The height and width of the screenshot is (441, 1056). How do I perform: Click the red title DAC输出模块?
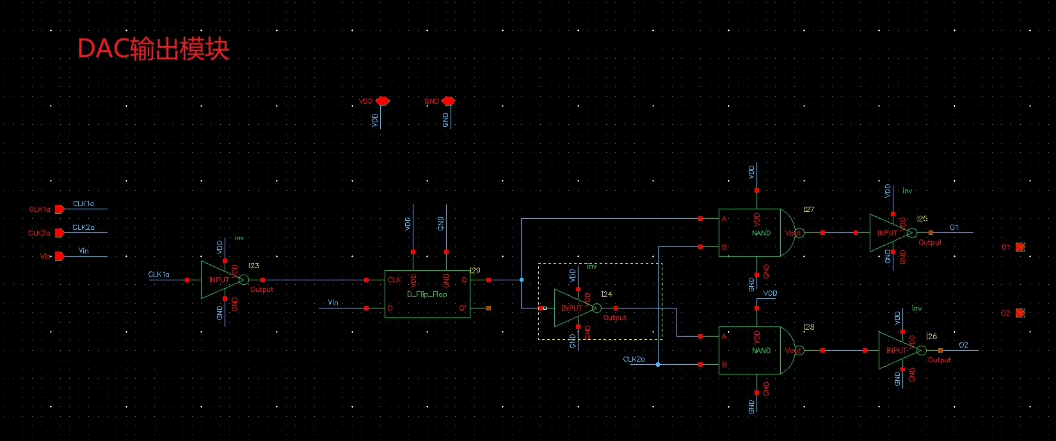coord(153,49)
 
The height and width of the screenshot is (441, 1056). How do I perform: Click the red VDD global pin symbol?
coord(382,101)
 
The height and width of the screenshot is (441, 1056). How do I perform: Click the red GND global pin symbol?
coord(448,101)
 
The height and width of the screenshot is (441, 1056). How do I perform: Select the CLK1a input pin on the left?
coord(59,209)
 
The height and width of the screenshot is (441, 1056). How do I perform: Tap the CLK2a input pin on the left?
coord(59,233)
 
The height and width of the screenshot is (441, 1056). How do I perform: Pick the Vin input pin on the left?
coord(59,256)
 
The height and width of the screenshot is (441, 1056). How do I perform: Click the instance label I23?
coord(253,266)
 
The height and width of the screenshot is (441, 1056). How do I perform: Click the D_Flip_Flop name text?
coord(427,294)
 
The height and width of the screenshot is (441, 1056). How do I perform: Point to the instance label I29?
coord(474,271)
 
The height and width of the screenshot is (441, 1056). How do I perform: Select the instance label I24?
coord(606,294)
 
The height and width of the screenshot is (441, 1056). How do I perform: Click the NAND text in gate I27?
coord(761,233)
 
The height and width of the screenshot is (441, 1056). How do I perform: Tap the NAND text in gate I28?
coord(761,351)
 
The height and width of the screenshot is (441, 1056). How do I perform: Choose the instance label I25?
coord(922,219)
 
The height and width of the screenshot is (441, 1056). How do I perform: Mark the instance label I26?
coord(931,337)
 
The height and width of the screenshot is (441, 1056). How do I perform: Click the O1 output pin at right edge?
coord(1020,247)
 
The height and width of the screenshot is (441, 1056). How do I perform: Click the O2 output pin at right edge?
coord(1020,313)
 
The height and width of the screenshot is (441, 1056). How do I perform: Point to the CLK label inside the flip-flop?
coord(394,280)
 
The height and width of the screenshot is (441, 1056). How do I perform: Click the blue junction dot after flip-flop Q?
coord(522,280)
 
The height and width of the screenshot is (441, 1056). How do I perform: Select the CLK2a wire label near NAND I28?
coord(634,359)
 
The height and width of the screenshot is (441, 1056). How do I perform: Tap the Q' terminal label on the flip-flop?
coord(463,309)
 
